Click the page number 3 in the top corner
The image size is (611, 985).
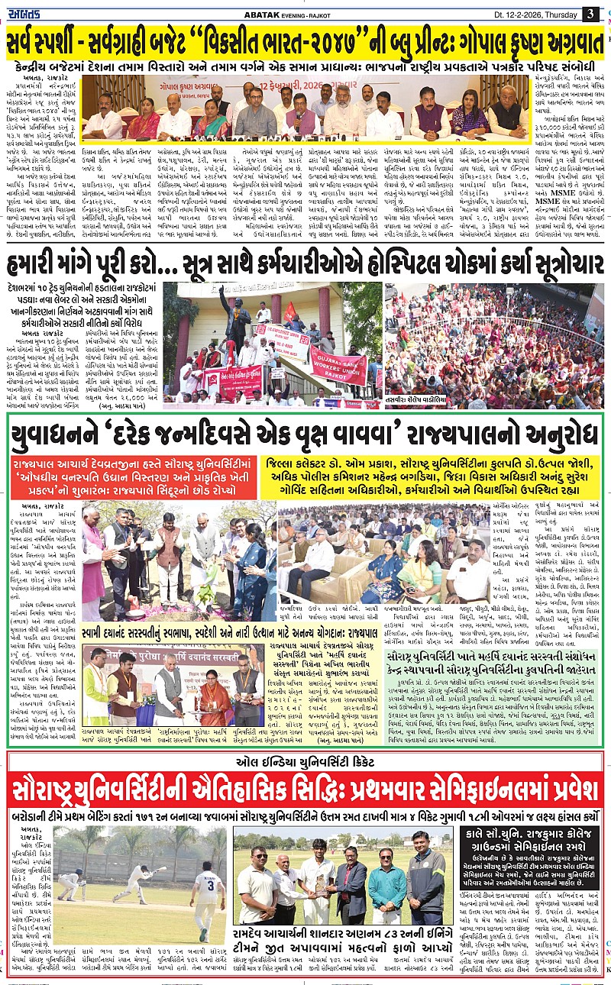(x=590, y=14)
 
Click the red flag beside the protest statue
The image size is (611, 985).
(x=289, y=311)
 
